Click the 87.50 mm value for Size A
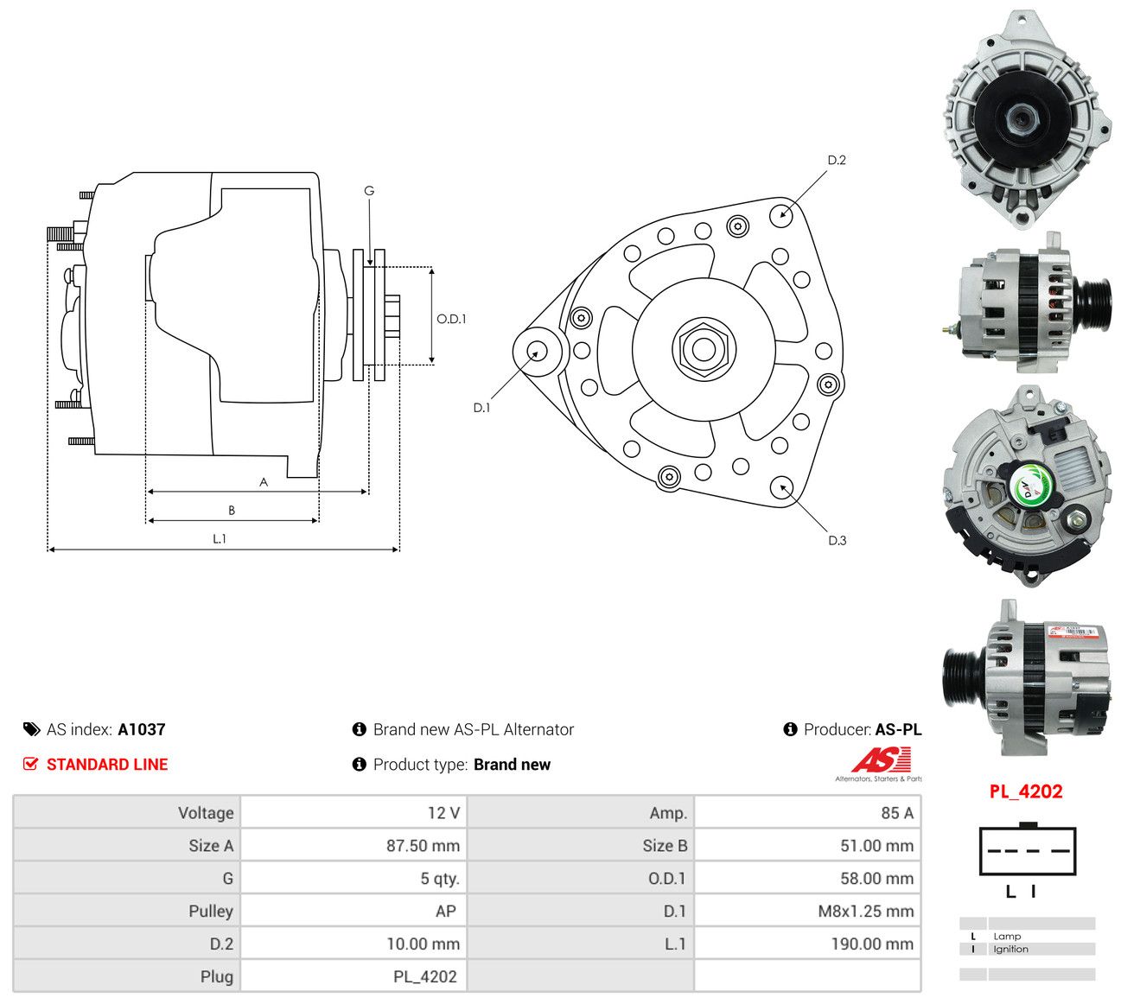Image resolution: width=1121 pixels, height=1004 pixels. [x=423, y=845]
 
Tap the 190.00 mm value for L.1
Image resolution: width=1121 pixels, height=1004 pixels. [x=872, y=944]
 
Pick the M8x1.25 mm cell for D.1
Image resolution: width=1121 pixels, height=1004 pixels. [x=865, y=911]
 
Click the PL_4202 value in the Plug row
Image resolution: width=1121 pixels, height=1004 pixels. [x=425, y=976]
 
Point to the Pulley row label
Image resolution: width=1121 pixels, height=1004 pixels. [x=211, y=911]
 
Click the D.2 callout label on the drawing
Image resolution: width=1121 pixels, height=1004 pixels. [x=837, y=160]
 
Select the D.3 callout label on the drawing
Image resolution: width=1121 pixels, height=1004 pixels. [x=838, y=540]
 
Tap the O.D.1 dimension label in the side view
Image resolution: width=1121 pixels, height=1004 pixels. [x=451, y=319]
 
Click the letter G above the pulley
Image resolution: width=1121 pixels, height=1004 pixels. [x=369, y=191]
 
